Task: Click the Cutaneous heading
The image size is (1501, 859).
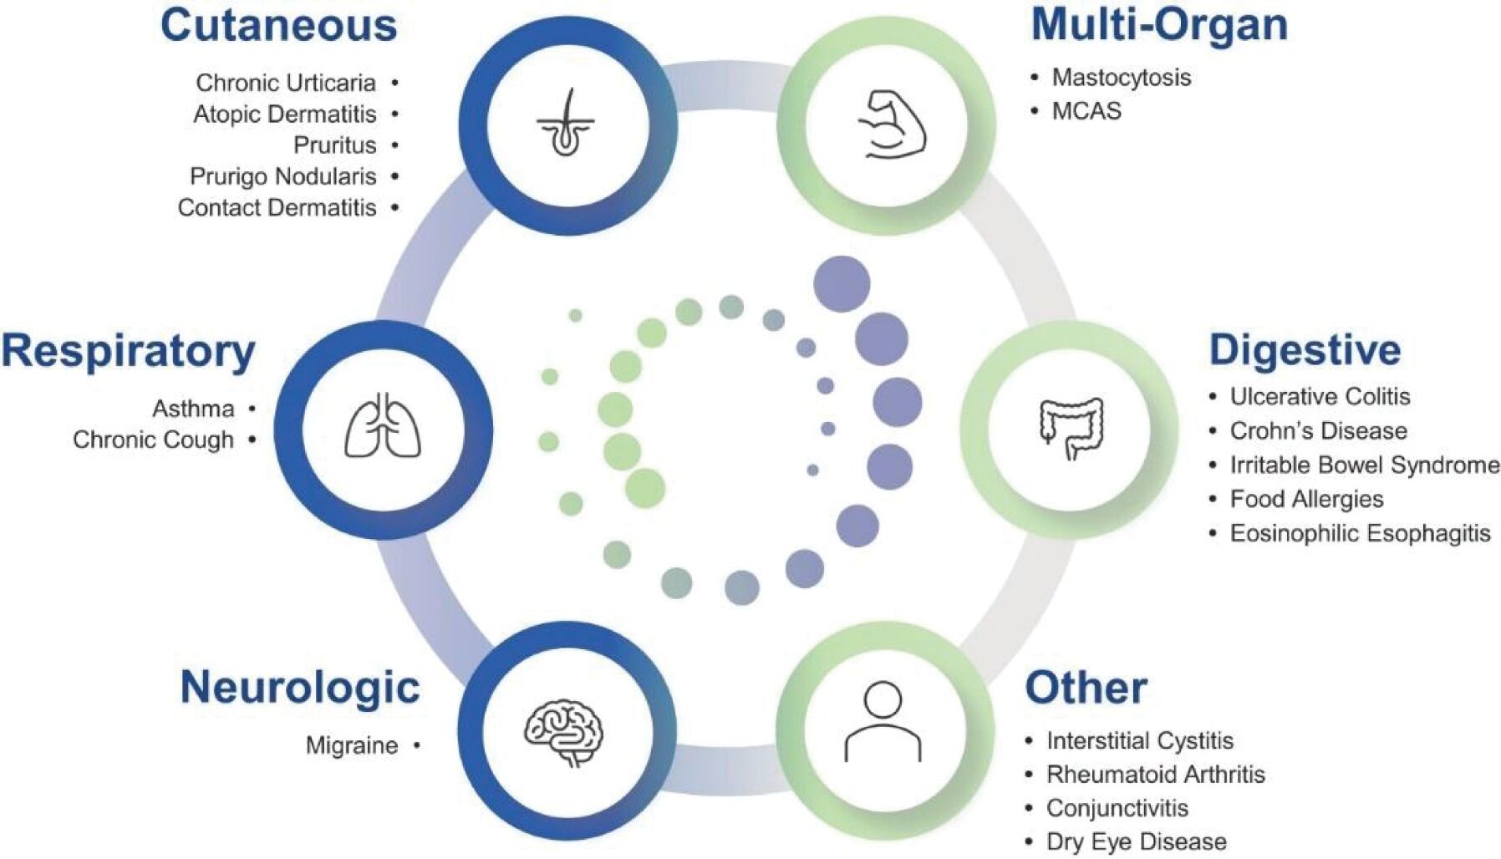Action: [x=278, y=25]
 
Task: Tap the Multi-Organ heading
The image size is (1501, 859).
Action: [x=1159, y=25]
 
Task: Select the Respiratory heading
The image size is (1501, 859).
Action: [x=128, y=351]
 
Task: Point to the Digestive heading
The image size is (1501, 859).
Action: [x=1305, y=350]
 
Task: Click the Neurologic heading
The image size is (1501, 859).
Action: [x=300, y=687]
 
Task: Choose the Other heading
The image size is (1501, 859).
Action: [x=1086, y=689]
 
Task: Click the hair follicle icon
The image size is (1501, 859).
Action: [x=566, y=124]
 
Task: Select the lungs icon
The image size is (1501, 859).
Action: [x=383, y=426]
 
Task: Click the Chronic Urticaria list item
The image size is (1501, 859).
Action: [x=286, y=83]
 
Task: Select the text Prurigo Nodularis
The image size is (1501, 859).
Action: [x=283, y=176]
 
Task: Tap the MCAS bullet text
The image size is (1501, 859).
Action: [x=1086, y=111]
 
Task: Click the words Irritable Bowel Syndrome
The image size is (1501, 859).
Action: [x=1365, y=465]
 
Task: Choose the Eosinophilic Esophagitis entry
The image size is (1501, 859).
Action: [x=1360, y=533]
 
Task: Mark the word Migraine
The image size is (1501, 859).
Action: [x=352, y=745]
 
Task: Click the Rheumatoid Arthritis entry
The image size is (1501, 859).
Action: [x=1156, y=775]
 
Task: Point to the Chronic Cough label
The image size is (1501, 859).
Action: [x=153, y=440]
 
